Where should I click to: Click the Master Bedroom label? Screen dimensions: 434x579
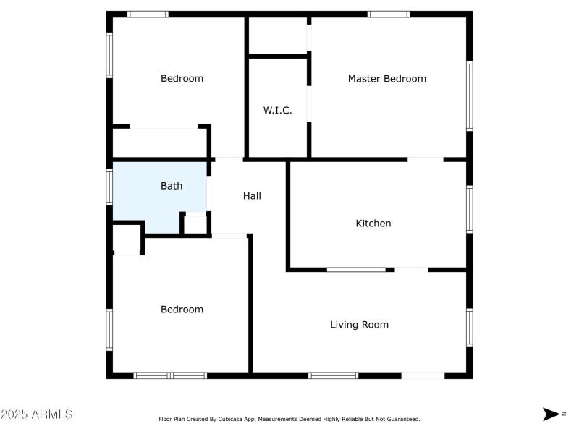386,79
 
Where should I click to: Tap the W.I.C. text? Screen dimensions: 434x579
277,111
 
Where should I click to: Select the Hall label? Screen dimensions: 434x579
252,196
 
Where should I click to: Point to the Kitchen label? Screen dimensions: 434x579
373,224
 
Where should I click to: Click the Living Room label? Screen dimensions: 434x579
359,325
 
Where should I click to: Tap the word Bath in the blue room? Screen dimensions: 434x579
172,186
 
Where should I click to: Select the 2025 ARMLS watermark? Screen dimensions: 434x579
36,414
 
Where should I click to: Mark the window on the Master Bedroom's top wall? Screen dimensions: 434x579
389,14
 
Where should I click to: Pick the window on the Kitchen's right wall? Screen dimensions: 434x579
469,210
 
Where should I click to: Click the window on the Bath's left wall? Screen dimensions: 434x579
109,186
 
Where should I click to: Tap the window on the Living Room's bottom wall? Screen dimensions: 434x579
333,375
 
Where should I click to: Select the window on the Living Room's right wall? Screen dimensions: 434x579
469,327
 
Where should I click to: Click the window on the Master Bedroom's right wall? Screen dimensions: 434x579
469,95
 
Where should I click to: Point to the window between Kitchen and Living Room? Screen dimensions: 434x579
356,270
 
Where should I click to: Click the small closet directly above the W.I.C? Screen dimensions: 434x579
277,36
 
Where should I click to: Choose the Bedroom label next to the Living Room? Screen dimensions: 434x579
182,310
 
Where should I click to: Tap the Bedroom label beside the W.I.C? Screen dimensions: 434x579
182,79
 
